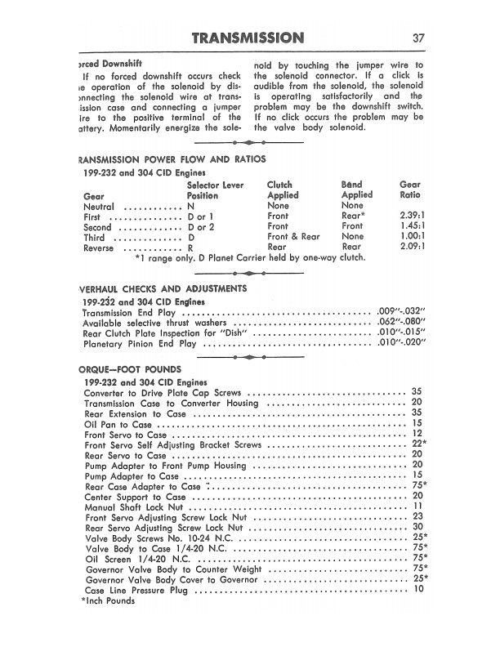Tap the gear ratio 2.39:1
[x=409, y=216]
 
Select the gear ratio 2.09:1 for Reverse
[x=409, y=248]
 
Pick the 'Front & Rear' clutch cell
[x=293, y=237]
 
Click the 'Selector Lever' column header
[x=216, y=185]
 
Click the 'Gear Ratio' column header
[x=409, y=190]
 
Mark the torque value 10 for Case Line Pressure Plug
[x=418, y=589]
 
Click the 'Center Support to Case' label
[x=134, y=496]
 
